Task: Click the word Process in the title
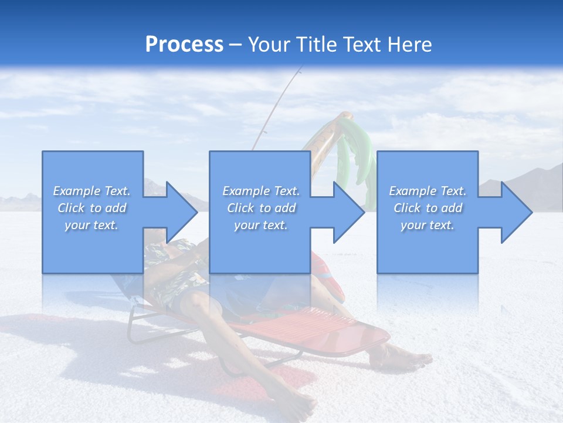coord(184,45)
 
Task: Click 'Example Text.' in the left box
coord(92,191)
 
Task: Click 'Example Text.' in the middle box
coord(261,191)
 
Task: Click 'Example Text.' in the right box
coord(428,191)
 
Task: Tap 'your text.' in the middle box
coord(261,225)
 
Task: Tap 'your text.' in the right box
coord(428,225)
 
